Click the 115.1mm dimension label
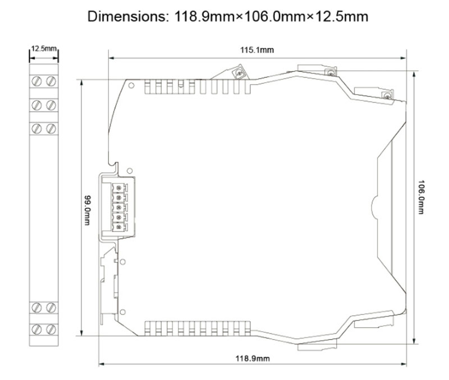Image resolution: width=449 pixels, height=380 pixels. (257, 50)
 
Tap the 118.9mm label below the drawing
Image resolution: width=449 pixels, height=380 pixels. (253, 358)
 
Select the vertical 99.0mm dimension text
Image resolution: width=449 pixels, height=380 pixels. (87, 210)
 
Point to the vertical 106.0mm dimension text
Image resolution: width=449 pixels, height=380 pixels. (421, 197)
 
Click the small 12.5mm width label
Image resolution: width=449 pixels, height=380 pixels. (44, 48)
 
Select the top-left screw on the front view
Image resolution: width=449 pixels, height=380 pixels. (36, 81)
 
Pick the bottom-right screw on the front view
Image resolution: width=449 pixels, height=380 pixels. (51, 329)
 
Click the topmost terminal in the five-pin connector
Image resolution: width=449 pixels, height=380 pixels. (118, 188)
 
